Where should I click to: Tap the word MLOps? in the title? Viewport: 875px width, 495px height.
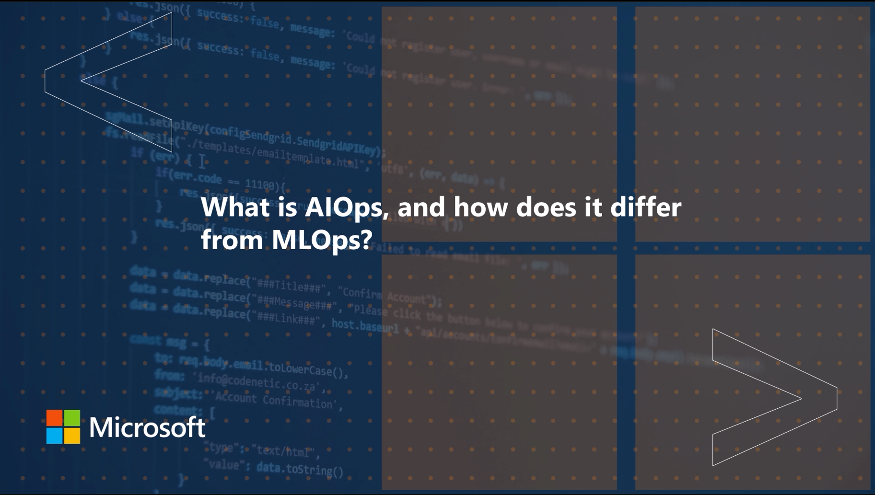322,240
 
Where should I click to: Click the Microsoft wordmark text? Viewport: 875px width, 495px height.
147,427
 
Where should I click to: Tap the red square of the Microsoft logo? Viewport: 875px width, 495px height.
54,417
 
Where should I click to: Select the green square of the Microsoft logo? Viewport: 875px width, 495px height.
72,417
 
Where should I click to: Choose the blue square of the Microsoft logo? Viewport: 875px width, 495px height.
54,435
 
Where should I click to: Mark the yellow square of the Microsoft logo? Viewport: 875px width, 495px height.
72,435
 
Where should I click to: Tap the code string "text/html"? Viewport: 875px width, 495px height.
284,451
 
